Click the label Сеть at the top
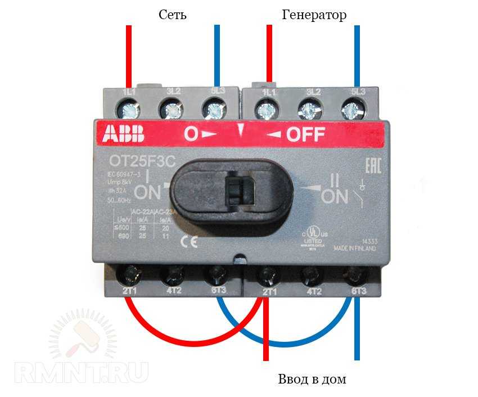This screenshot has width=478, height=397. [172, 15]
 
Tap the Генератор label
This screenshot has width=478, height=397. [314, 15]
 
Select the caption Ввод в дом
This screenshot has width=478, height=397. [312, 379]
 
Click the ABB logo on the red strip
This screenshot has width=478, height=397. [123, 134]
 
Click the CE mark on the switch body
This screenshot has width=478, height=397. [187, 243]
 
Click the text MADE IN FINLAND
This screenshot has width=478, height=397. [355, 248]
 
